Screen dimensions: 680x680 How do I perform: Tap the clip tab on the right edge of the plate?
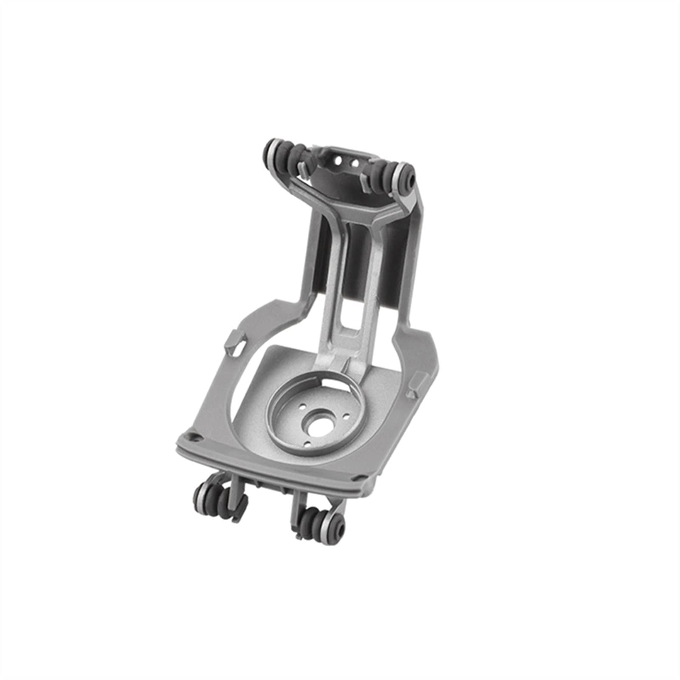coord(415,381)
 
